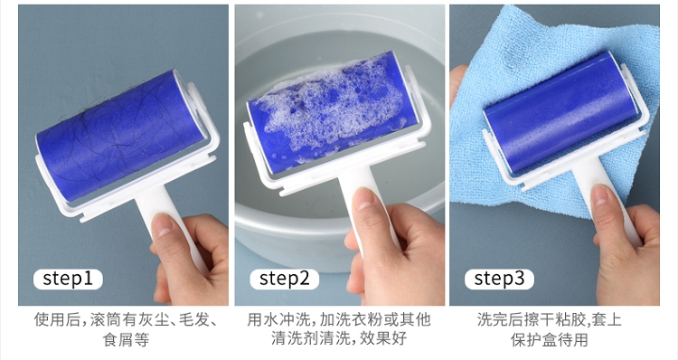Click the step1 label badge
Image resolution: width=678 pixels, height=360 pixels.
[68, 279]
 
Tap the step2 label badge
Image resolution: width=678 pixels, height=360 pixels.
[284, 279]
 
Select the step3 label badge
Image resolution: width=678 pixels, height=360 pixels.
[499, 279]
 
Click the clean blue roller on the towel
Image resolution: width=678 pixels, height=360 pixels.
[560, 111]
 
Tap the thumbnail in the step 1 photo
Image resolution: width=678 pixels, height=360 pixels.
[164, 225]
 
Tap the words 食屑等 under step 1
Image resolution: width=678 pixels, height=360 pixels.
[127, 339]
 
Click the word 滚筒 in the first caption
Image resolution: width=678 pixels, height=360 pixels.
[106, 320]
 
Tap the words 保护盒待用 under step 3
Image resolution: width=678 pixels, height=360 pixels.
[549, 339]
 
